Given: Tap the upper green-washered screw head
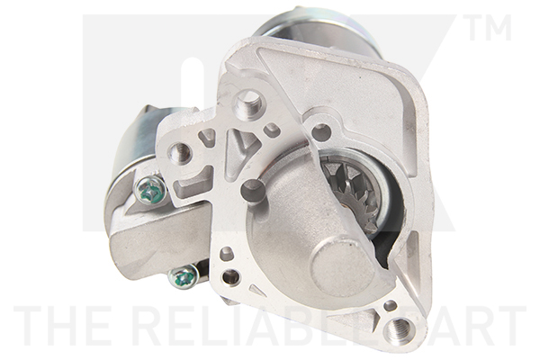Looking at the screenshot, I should coord(150,190).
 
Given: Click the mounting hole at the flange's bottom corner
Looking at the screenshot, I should coord(398,328).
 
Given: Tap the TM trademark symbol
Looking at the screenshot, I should coord(488,27).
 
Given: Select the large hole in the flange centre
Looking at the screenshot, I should coord(253,190).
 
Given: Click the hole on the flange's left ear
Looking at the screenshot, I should coord(181,152).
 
